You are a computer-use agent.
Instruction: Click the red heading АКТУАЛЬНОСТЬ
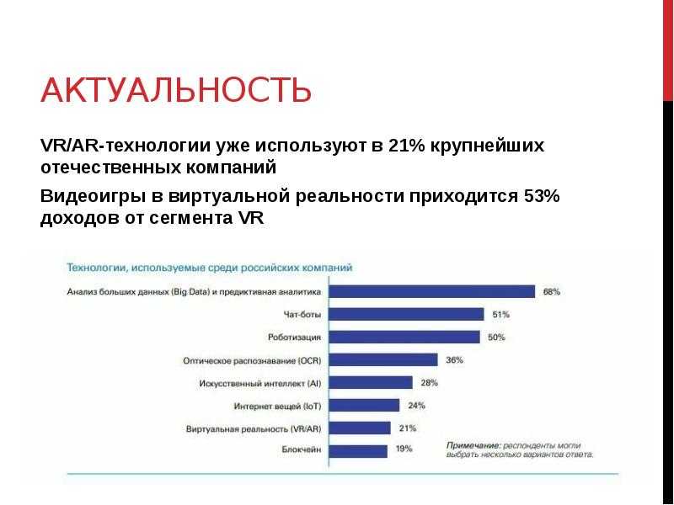tap(176, 90)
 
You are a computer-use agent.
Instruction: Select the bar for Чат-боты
tap(407, 314)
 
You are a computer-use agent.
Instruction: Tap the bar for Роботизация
tap(404, 338)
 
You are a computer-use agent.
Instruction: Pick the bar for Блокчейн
tap(358, 451)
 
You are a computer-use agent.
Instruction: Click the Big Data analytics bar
tap(432, 291)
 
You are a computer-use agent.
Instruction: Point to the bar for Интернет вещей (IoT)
tap(364, 406)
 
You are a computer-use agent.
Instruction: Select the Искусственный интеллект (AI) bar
tap(371, 383)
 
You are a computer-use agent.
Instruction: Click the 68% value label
tap(552, 291)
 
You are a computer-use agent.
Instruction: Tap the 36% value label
tap(454, 360)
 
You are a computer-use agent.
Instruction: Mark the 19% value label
tap(404, 449)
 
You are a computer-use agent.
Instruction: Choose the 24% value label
tap(416, 406)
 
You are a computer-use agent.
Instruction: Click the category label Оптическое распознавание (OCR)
tap(252, 361)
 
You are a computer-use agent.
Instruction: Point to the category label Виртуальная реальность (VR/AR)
tap(254, 428)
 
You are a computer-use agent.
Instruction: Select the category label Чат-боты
tap(302, 315)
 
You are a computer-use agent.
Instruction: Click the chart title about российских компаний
tap(209, 268)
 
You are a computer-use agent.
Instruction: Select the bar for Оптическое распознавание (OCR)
tap(383, 360)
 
